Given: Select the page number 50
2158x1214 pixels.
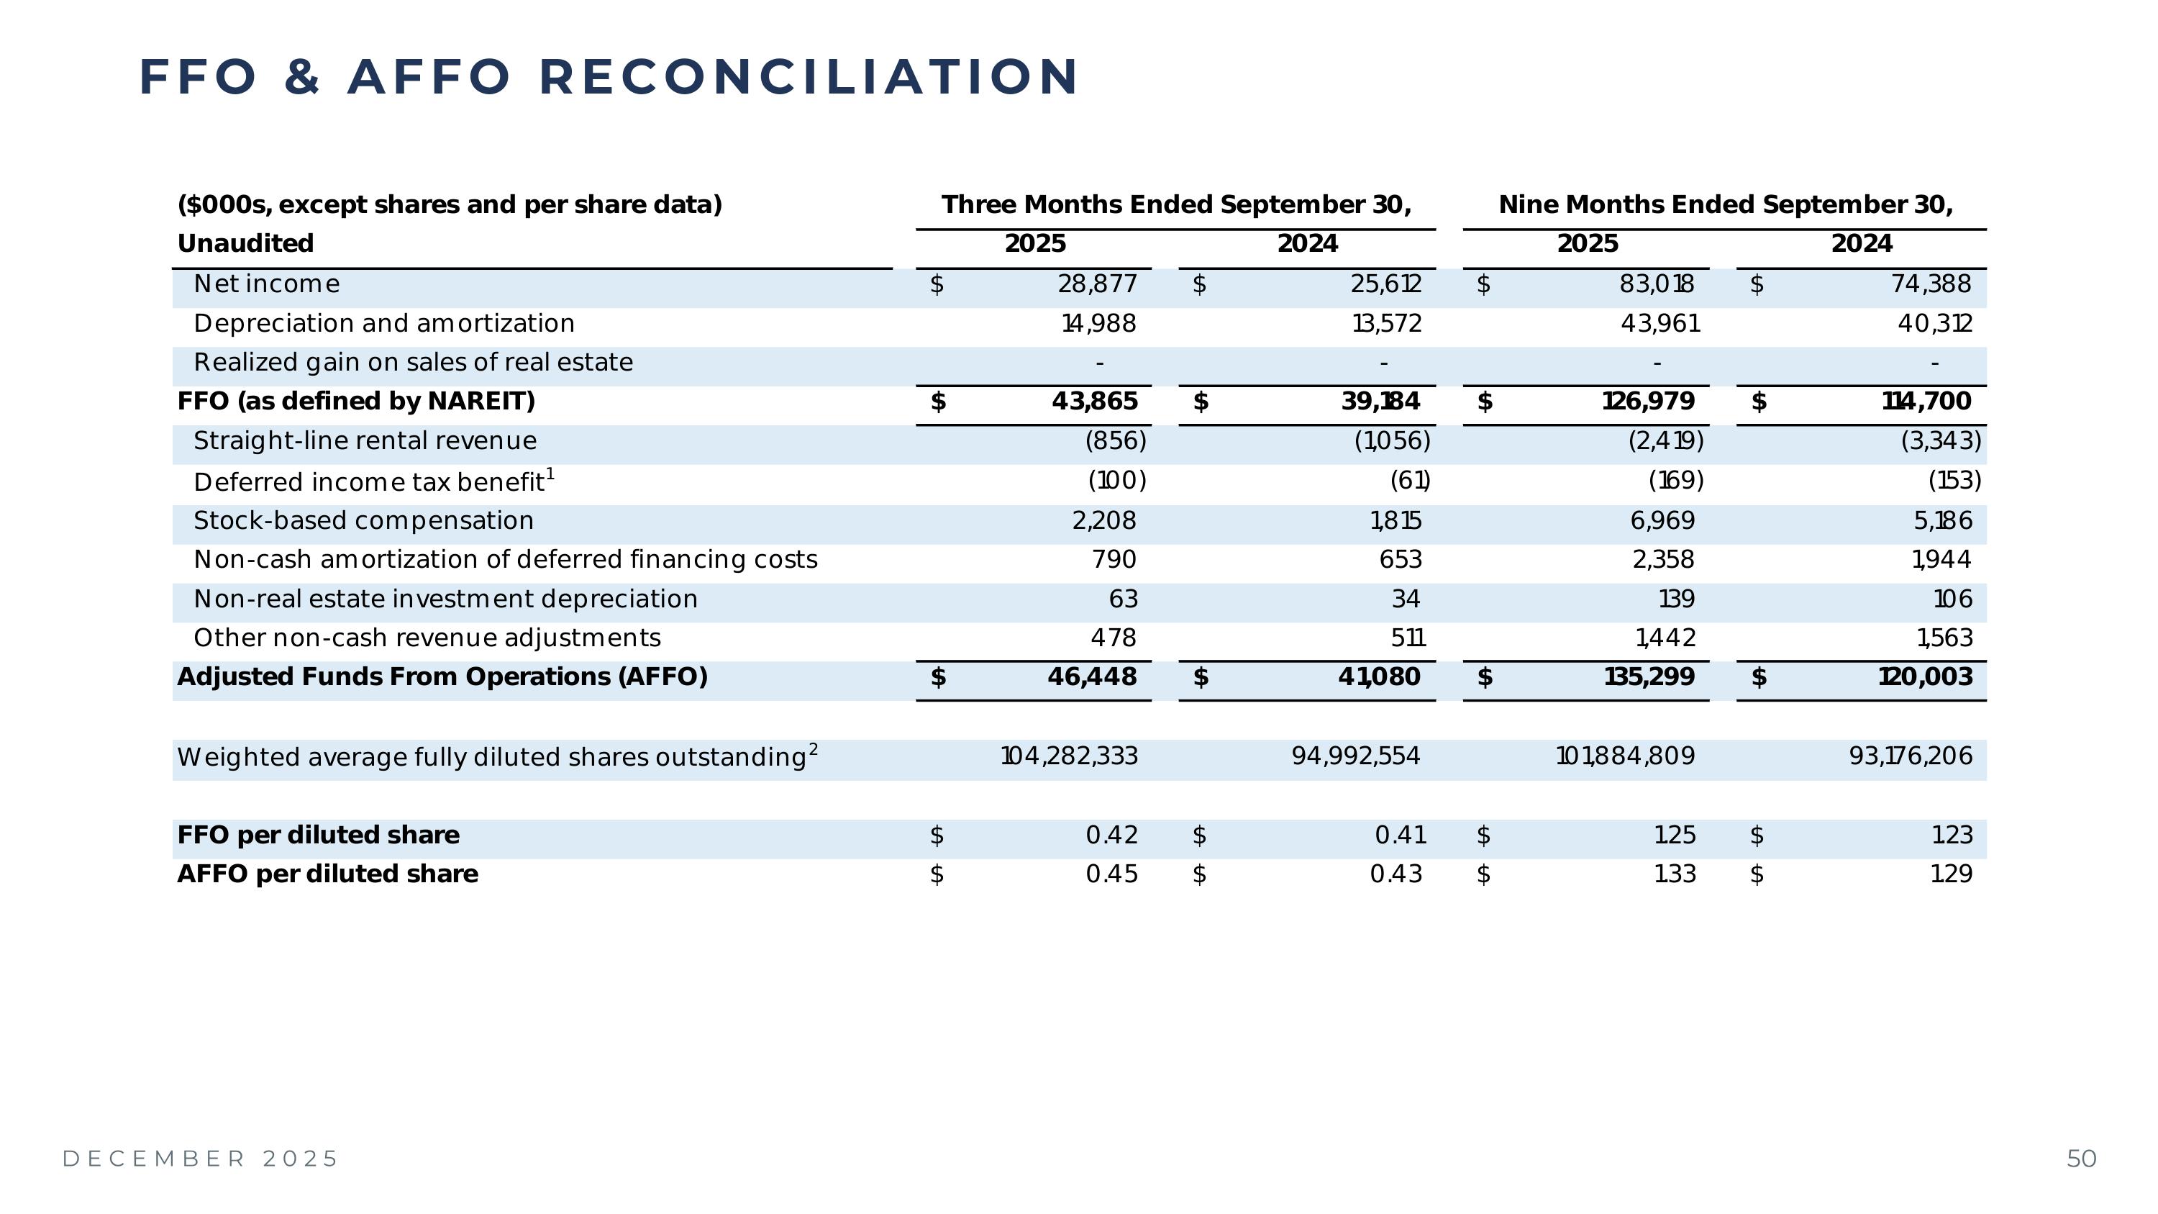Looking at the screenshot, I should pos(2082,1159).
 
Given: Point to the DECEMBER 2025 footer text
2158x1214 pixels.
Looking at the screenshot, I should pos(200,1159).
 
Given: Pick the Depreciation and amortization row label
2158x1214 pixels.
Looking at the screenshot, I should pos(383,323).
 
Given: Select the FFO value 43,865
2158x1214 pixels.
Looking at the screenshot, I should pos(1094,402).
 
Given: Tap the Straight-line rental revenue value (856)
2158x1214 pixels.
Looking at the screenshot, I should pos(1115,440).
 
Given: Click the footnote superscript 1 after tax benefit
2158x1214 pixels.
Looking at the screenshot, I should pos(550,474).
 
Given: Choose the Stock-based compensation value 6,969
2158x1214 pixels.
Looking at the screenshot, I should pos(1662,520).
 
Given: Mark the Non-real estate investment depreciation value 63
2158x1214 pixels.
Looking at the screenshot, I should pos(1123,599).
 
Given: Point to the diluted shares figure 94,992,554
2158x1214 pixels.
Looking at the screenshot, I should pos(1355,756).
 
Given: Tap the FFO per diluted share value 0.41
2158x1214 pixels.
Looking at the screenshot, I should pos(1400,835).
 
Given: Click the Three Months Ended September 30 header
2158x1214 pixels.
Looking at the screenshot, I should pos(1176,204).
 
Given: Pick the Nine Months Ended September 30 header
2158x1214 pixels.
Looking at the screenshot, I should pos(1726,204).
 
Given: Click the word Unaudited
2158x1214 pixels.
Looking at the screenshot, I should pos(245,244).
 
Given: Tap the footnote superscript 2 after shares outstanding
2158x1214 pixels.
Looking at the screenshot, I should pos(814,748).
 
